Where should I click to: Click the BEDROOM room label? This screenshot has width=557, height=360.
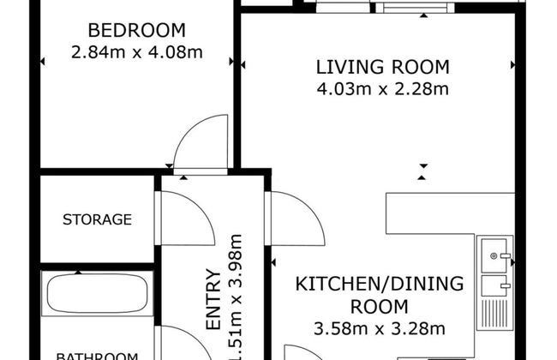pyautogui.click(x=136, y=32)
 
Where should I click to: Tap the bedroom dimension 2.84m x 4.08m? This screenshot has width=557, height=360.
pyautogui.click(x=136, y=52)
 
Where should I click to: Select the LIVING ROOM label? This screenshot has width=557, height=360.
pyautogui.click(x=382, y=67)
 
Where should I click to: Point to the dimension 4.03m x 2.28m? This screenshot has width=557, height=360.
pyautogui.click(x=382, y=87)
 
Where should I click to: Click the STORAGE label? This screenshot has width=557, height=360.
pyautogui.click(x=97, y=219)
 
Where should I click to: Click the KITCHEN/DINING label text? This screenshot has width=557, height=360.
pyautogui.click(x=379, y=284)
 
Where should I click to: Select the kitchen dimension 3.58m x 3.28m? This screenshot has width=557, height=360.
pyautogui.click(x=379, y=327)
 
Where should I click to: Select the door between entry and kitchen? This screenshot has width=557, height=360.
pyautogui.click(x=296, y=219)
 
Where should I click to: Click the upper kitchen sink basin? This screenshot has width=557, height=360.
pyautogui.click(x=496, y=255)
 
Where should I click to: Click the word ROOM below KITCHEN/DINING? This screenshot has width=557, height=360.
pyautogui.click(x=379, y=305)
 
